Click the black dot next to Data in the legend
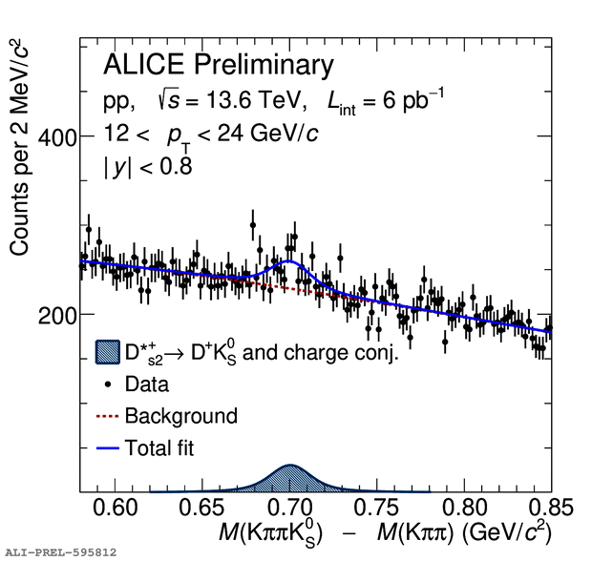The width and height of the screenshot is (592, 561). click(x=108, y=384)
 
